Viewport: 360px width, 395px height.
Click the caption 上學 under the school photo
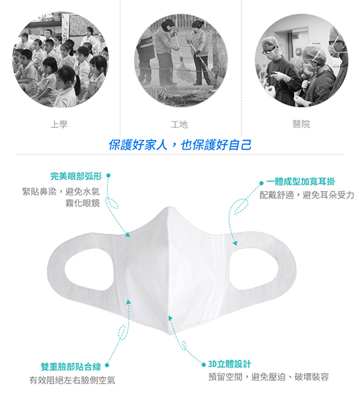point(59,125)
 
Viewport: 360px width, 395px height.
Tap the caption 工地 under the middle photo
point(179,125)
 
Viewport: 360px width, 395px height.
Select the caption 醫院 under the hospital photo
point(301,124)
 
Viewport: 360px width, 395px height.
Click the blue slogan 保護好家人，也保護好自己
point(180,145)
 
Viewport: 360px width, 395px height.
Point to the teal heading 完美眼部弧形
point(76,176)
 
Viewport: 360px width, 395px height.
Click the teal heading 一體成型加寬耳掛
point(301,182)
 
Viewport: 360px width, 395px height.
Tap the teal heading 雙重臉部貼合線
point(71,366)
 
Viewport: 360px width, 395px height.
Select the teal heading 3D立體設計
point(229,364)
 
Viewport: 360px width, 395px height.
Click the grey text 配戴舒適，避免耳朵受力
point(307,195)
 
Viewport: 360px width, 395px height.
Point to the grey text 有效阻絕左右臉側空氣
point(73,380)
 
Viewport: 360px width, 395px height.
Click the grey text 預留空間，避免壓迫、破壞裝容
point(269,377)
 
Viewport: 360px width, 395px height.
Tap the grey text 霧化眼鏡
point(83,203)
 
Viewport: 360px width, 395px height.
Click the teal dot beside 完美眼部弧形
point(108,175)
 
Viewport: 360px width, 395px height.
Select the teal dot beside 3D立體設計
point(204,364)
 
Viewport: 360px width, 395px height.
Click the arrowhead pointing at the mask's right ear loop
point(235,243)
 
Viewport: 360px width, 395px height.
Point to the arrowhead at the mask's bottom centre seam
point(171,318)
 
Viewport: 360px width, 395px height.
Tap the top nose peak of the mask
point(169,208)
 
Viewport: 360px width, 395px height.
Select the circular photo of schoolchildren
point(61,59)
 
